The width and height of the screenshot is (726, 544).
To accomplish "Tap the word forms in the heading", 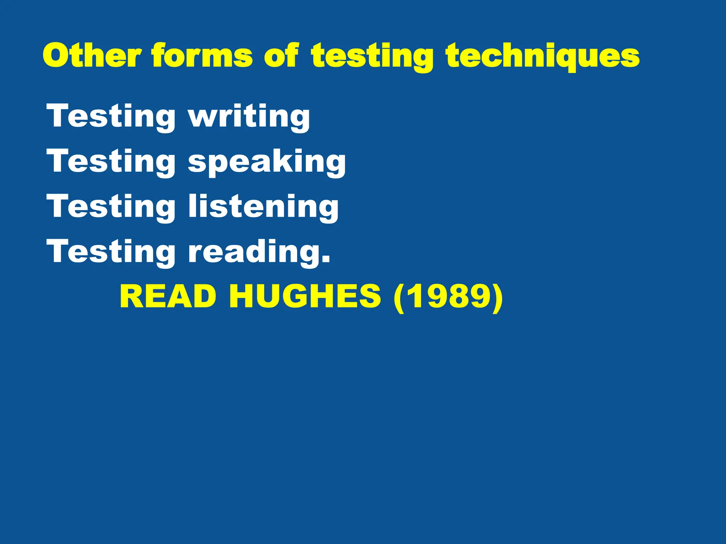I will point(202,56).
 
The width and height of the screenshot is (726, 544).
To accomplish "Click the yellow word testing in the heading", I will point(372,57).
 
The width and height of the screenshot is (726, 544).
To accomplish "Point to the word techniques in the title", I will point(543,57).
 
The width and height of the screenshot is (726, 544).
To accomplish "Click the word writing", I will point(249,117).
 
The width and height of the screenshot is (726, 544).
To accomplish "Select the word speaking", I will point(267,162).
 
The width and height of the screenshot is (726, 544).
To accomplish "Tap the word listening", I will point(263,207).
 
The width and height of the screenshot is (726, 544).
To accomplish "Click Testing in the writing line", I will point(111,117).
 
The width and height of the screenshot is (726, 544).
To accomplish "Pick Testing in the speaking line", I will point(111,162).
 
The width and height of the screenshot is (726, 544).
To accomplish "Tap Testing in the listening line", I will point(111,207).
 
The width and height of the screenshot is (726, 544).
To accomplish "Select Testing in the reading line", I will point(111,252).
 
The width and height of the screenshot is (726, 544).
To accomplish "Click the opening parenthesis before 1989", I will point(399,297).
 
